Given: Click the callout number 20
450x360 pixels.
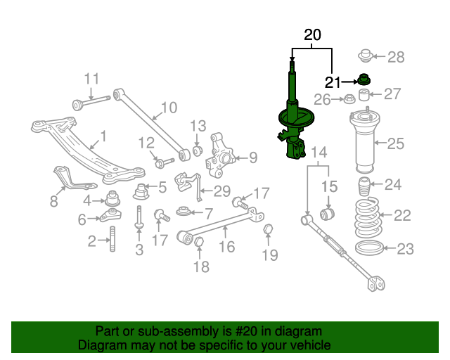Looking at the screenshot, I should click(x=312, y=34).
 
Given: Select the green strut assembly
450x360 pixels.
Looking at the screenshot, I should click(x=292, y=120).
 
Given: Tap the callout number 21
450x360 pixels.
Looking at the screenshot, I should click(x=333, y=82).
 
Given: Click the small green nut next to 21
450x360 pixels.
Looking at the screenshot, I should click(x=364, y=79).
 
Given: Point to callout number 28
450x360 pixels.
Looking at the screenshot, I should click(x=397, y=57).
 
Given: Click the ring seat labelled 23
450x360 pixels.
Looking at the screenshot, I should click(x=371, y=248).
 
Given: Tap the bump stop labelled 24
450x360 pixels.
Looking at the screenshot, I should click(x=364, y=188).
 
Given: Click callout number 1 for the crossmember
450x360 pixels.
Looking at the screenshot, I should click(x=103, y=135).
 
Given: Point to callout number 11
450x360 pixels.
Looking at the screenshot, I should click(x=92, y=79).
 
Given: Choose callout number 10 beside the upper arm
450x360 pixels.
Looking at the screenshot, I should click(x=169, y=108).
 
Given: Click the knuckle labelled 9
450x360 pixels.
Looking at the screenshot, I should click(x=221, y=160).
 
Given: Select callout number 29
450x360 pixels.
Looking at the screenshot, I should click(x=222, y=191).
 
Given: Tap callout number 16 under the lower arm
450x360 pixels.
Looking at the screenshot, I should click(x=226, y=246).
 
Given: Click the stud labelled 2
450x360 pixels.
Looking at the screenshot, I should click(x=112, y=243).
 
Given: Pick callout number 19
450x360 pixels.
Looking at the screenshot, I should click(x=270, y=255).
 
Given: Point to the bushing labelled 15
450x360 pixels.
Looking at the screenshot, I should click(x=328, y=212).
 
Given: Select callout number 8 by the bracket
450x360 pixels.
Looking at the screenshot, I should click(x=54, y=202).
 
